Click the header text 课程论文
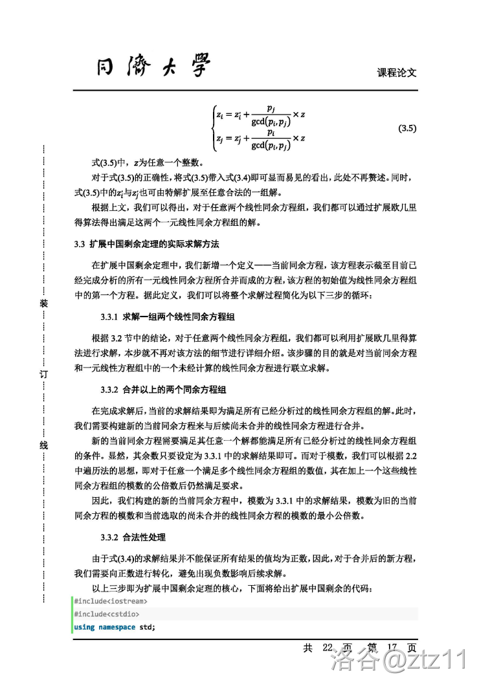(x=396, y=72)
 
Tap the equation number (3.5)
(x=406, y=128)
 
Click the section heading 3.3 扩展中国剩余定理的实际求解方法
(x=147, y=245)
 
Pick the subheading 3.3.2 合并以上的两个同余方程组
(x=162, y=390)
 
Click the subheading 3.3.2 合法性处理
(x=133, y=537)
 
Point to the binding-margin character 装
(x=43, y=303)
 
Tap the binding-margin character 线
(x=43, y=445)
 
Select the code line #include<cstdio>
(x=106, y=614)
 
